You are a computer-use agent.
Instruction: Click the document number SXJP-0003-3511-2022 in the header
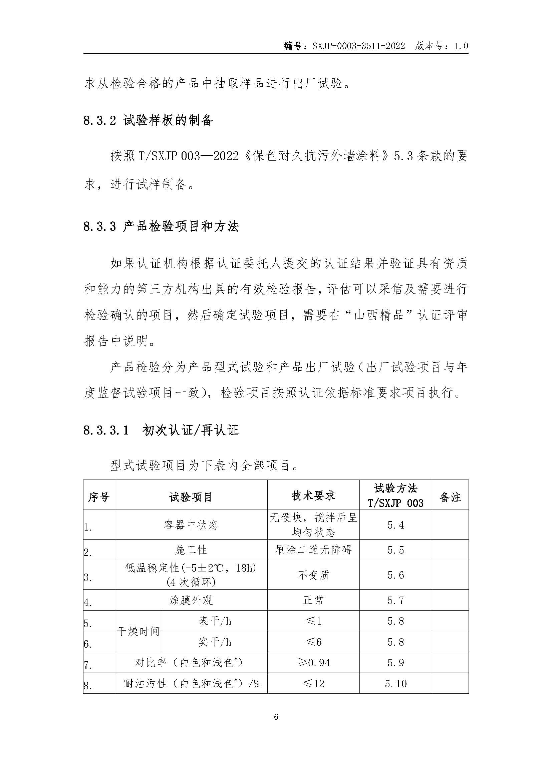358,46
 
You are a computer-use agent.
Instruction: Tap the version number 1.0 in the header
461,46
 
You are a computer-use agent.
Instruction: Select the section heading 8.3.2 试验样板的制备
148,120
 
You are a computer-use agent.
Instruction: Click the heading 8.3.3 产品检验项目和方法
161,226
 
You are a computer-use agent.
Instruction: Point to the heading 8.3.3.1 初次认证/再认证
161,431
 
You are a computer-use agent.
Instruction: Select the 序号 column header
99,497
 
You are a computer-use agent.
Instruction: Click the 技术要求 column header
313,496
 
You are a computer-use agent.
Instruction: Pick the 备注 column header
450,497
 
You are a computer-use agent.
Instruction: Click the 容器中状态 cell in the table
191,525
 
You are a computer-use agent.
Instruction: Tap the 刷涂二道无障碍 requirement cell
313,550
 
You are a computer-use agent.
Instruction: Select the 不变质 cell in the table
313,575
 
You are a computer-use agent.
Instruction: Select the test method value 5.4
396,525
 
